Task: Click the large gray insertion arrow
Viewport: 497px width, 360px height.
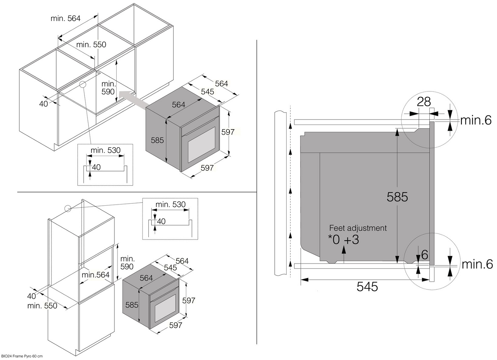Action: pyautogui.click(x=133, y=100)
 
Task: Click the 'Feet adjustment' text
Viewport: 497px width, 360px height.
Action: pyautogui.click(x=358, y=228)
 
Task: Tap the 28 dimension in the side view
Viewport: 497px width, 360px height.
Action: pyautogui.click(x=424, y=102)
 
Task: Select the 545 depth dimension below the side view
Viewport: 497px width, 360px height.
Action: pyautogui.click(x=367, y=286)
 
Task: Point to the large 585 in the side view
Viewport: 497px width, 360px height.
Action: pyautogui.click(x=397, y=197)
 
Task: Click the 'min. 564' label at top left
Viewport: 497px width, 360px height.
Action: pyautogui.click(x=66, y=19)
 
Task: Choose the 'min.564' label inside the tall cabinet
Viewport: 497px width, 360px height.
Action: pyautogui.click(x=95, y=275)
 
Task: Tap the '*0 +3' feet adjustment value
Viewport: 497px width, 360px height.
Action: pyautogui.click(x=344, y=239)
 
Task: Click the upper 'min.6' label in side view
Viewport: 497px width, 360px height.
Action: pyautogui.click(x=476, y=120)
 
